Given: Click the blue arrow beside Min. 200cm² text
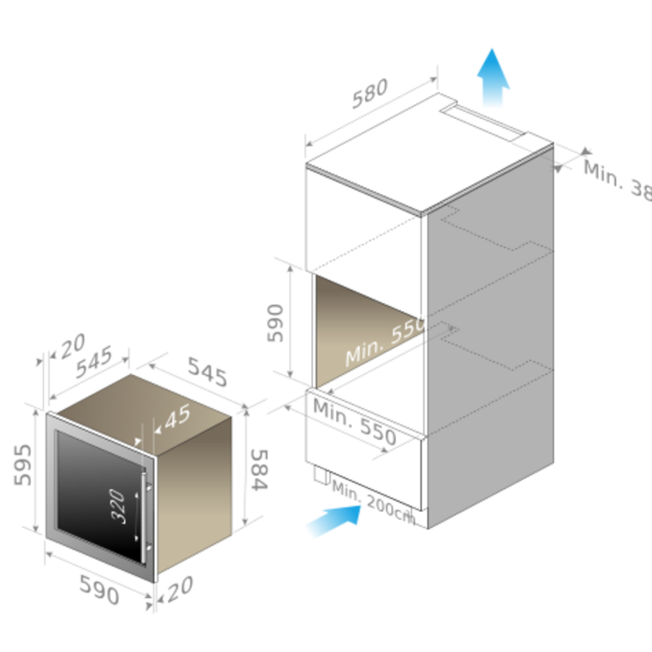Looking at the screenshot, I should point(330,520).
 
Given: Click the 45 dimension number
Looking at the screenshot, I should point(177,417).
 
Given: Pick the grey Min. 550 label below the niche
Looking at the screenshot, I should point(355,421).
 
